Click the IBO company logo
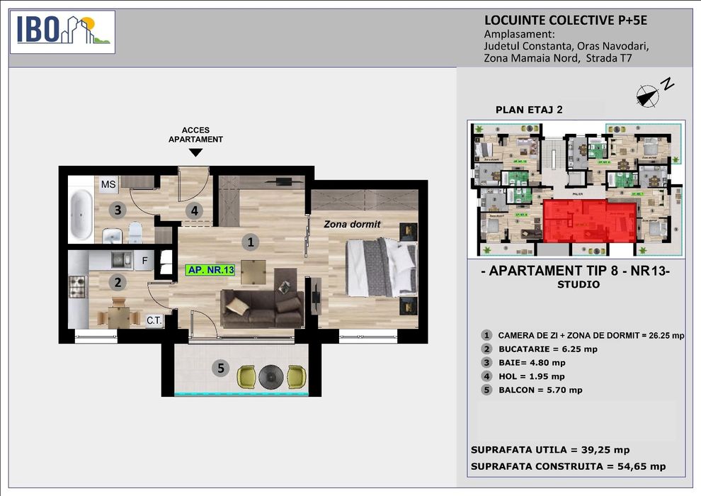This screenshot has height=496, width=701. coord(64,32)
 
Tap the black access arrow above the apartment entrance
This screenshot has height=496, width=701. coord(195,152)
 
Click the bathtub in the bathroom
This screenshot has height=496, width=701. coord(81,214)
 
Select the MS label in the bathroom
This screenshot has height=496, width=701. coord(108,185)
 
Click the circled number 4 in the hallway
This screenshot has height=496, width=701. coord(193,210)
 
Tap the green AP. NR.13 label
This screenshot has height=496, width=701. coord(210,270)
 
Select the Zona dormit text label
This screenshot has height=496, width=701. coord(352,224)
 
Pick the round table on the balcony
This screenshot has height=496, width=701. coord(270,376)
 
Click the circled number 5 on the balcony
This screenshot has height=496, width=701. coord(222,368)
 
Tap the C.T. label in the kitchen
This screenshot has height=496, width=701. coord(155,320)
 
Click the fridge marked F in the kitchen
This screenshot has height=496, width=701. coord(144,260)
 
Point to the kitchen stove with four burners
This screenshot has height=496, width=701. coord(77,287)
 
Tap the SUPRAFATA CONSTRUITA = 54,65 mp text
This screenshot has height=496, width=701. coord(568,466)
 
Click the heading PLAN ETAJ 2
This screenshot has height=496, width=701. coord(529,109)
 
